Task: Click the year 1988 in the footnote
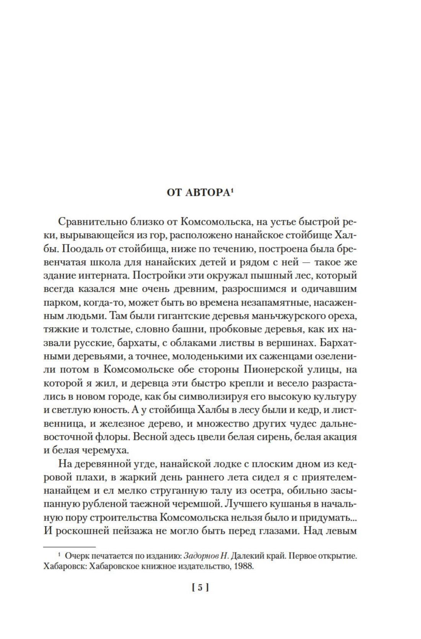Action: [245, 566]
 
